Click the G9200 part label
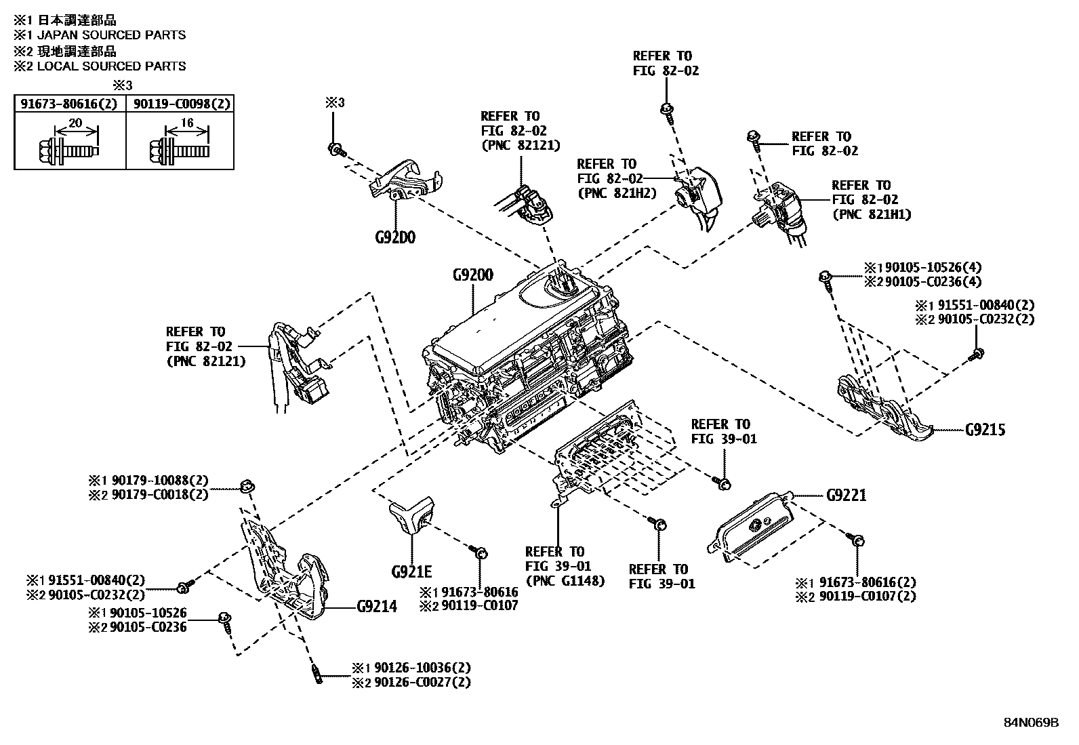pos(472,275)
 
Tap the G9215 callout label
pos(985,430)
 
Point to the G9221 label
pos(846,496)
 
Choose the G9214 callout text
pos(377,606)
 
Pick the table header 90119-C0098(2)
pos(182,104)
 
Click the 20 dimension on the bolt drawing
pos(75,123)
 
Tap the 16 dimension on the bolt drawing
pos(188,123)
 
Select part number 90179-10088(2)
pos(160,481)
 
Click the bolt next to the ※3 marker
pos(335,149)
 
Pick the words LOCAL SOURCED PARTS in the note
pos(111,66)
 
